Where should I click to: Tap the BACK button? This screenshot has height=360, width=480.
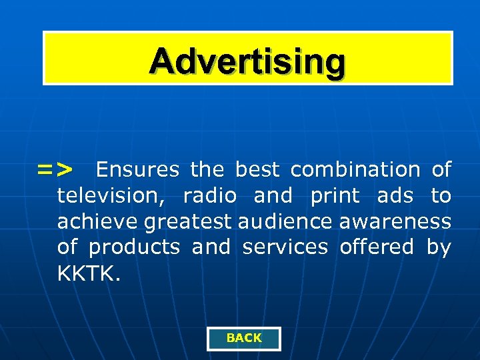tap(244, 338)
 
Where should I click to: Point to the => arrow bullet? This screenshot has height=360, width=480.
tap(55, 170)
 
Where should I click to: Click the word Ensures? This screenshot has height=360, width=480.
tap(137, 170)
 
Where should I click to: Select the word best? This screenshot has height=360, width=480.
tap(257, 170)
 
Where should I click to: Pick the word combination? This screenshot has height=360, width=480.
tap(355, 170)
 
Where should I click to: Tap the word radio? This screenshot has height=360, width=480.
tap(210, 196)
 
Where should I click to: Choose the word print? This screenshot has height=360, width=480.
tap(335, 197)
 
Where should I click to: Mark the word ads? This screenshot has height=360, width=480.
tap(395, 196)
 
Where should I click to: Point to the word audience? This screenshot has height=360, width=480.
tap(277, 221)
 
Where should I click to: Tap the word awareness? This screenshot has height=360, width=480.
tap(395, 221)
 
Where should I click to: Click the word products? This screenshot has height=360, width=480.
tap(134, 247)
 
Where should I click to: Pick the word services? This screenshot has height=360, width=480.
tap(285, 247)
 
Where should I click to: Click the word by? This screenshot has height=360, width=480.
tap(439, 247)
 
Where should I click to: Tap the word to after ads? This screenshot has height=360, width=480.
tap(441, 196)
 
